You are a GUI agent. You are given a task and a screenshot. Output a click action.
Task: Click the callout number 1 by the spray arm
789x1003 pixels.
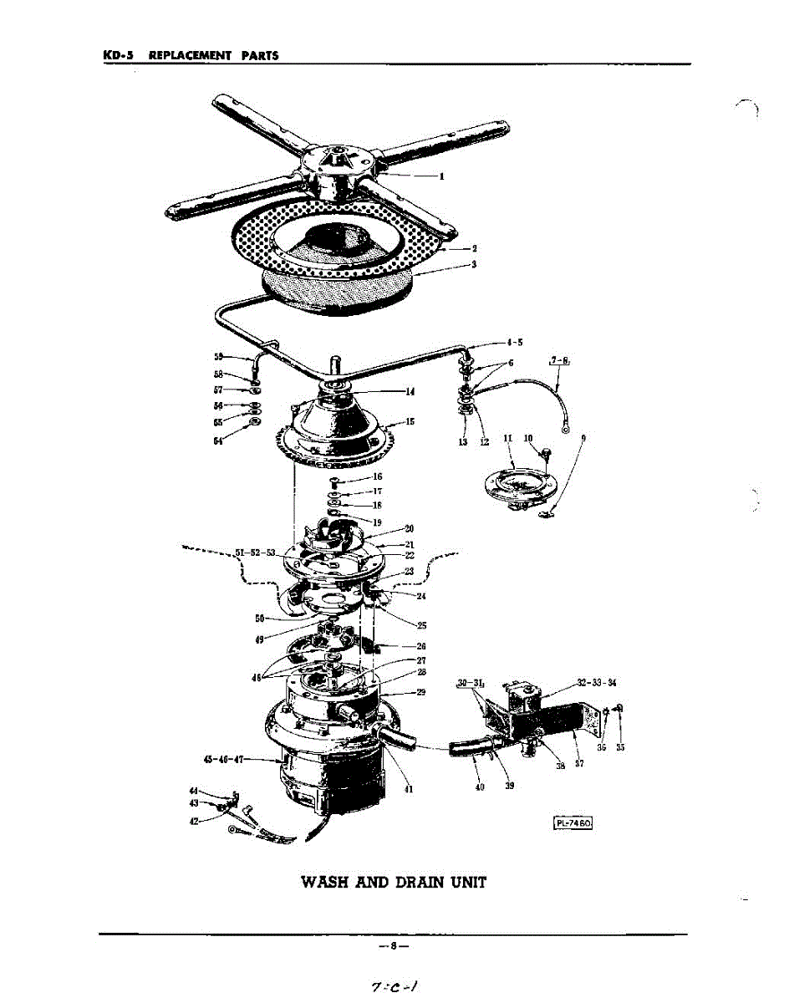pos(441,176)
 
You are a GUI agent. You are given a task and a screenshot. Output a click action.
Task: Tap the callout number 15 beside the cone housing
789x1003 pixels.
pos(410,422)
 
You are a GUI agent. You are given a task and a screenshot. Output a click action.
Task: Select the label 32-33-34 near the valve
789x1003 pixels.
pos(596,683)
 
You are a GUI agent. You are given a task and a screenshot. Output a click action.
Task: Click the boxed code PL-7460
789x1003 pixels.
pos(573,823)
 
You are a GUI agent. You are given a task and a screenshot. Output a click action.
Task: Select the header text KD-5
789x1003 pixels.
pos(120,56)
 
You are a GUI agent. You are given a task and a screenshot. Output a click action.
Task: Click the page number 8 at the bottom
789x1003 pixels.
pos(393,946)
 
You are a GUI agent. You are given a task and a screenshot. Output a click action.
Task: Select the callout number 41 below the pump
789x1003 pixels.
pos(407,787)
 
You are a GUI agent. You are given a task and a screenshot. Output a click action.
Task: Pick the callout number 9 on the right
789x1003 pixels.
pos(583,438)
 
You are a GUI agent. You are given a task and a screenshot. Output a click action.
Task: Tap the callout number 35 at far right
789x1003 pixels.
pos(620,747)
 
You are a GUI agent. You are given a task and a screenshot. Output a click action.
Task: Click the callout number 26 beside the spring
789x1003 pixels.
pos(420,645)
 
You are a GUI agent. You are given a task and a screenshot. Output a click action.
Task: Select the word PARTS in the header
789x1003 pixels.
pos(259,56)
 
